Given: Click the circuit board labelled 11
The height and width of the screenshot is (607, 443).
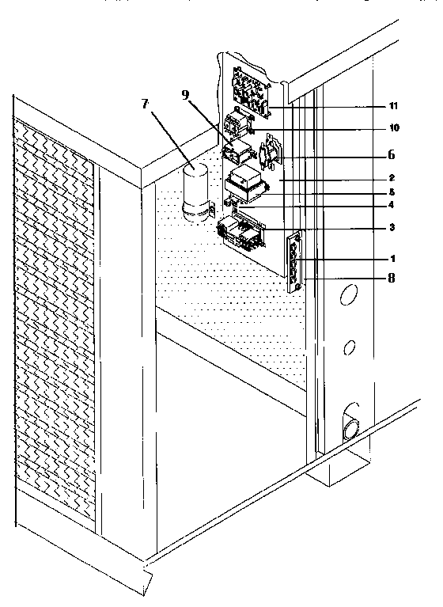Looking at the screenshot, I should pyautogui.click(x=249, y=89).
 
